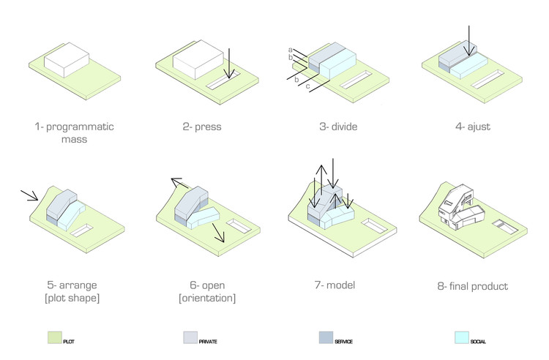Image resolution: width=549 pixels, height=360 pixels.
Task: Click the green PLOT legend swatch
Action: pos(55,337)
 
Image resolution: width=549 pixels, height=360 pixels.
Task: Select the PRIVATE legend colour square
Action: pos(190,337)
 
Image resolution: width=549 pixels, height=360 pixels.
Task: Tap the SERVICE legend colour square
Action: pos(326,337)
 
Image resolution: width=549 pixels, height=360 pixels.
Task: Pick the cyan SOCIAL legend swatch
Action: pos(461,337)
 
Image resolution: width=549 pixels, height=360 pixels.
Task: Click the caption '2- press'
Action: pos(202,127)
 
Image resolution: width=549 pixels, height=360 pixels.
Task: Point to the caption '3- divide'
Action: pos(338,127)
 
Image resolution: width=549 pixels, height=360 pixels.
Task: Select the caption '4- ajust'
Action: pos(473,127)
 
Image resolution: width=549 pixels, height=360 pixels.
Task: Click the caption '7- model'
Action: pos(335,285)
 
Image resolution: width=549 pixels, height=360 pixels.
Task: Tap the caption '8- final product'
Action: pos(472,287)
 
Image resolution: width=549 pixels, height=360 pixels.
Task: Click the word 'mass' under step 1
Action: pos(74,139)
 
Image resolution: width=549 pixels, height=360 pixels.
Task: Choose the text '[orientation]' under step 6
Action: pos(207,298)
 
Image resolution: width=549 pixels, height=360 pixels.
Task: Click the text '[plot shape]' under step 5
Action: pos(72,298)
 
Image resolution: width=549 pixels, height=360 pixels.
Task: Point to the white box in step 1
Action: pos(67,60)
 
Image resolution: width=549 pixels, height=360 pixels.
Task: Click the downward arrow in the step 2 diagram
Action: pos(229,64)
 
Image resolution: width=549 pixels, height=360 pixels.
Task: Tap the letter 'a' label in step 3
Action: pos(291,50)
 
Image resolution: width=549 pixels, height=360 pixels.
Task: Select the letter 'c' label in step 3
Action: pos(307,86)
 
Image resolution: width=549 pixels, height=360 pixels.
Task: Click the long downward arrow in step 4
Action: pos(469,40)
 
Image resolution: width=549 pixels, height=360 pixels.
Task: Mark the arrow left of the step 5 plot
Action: pos(29,195)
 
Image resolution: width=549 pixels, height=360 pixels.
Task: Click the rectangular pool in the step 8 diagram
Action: pos(505,227)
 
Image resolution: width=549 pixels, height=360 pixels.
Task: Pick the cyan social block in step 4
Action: pos(468,66)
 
